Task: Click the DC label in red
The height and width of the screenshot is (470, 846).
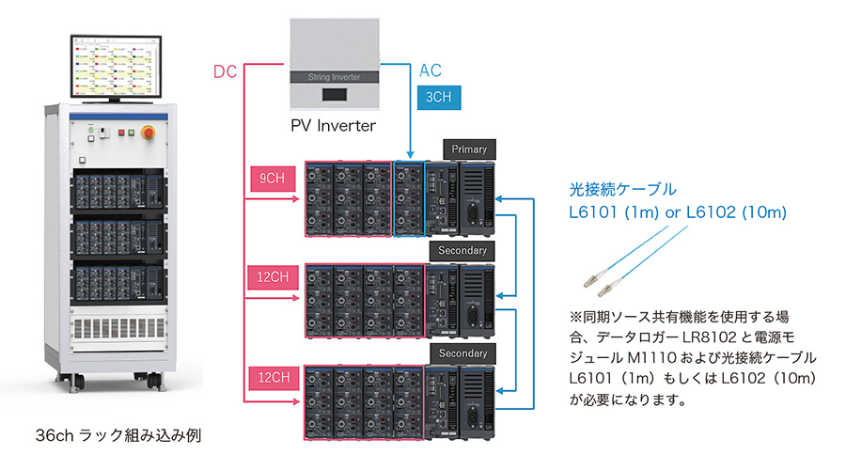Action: pos(226,70)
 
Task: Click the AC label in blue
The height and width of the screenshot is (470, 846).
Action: pos(430,70)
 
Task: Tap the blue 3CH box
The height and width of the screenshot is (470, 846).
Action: pos(436,96)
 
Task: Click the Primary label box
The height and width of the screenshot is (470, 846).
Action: pos(469,149)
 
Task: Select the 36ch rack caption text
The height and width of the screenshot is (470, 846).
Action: pos(117,436)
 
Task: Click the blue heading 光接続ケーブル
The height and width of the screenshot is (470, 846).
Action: pos(623,189)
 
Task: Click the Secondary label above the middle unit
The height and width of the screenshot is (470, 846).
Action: pos(462,251)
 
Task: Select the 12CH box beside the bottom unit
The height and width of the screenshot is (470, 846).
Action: pos(273,376)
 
